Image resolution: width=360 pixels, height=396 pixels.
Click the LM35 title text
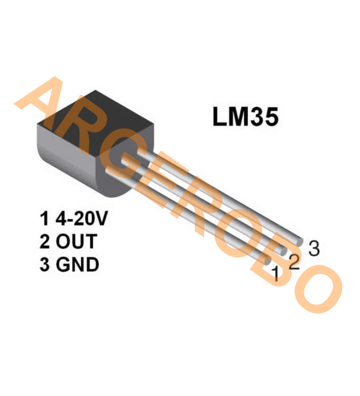[246, 116]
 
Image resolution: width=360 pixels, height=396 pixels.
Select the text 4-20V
[82, 218]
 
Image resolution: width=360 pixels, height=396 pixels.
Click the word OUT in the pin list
[76, 241]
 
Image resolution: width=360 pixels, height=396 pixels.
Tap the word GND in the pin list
[77, 264]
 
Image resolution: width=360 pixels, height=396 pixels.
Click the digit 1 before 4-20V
[44, 218]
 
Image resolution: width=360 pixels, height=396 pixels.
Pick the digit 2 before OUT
[45, 241]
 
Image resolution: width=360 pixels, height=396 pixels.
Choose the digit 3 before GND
[45, 264]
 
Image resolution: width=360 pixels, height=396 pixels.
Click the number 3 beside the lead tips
[314, 248]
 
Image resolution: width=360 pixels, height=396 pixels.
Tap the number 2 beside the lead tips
[294, 262]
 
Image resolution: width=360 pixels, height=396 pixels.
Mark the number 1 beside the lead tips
[276, 273]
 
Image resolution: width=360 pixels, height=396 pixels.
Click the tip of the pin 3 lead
[300, 242]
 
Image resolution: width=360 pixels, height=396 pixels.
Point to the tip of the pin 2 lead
[283, 251]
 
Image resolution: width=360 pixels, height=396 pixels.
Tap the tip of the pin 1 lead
[268, 260]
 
